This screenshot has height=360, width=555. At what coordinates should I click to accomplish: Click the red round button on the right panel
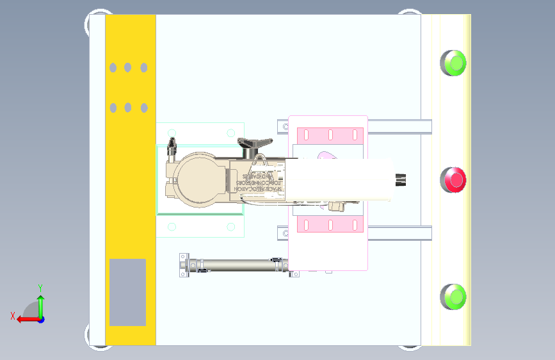(x=454, y=179)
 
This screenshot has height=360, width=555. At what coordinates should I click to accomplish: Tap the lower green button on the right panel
(x=454, y=297)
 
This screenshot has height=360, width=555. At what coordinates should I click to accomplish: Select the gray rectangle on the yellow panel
(x=127, y=292)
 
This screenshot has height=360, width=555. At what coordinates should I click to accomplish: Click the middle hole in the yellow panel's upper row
(x=128, y=67)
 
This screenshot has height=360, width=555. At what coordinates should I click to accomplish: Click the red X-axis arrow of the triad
(x=24, y=319)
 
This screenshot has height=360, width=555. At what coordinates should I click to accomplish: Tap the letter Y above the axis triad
(x=40, y=288)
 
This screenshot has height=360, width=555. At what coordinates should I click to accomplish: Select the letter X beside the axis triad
(x=12, y=316)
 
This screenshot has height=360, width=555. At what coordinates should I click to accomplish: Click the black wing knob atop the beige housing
(x=250, y=143)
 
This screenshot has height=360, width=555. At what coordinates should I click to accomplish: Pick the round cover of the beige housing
(x=196, y=179)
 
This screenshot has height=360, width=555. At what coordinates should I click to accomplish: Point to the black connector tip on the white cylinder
(x=401, y=180)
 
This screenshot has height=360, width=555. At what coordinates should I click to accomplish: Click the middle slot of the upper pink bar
(x=330, y=135)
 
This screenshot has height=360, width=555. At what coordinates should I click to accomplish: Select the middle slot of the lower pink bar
(x=330, y=225)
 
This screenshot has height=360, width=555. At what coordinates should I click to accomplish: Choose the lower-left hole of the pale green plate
(x=171, y=226)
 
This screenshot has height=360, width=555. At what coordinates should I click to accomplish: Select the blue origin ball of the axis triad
(x=40, y=319)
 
